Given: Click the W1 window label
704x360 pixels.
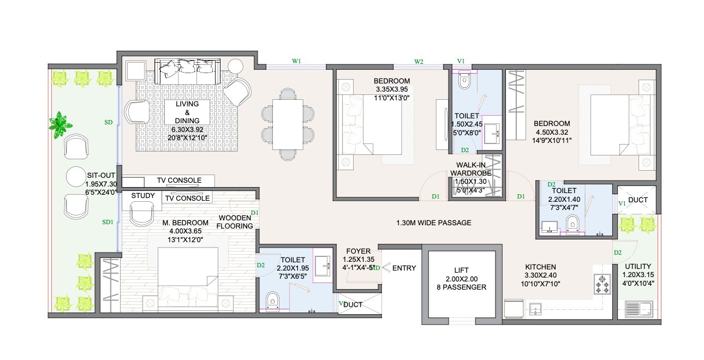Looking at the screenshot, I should (x=296, y=62).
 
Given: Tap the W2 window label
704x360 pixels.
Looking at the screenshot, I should (x=419, y=62).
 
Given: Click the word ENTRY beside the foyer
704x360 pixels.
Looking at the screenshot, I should (x=404, y=268).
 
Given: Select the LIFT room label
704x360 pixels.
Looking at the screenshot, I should (x=462, y=270).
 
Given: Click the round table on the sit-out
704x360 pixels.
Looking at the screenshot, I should (x=75, y=177).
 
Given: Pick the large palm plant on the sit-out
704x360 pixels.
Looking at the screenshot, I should (x=58, y=124).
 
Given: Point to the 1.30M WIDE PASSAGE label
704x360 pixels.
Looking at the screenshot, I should (x=433, y=223).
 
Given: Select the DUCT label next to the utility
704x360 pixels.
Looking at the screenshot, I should (x=637, y=200).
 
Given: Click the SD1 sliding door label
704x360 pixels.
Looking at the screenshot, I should (x=108, y=222).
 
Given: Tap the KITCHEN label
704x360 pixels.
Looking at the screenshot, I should (x=540, y=267).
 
